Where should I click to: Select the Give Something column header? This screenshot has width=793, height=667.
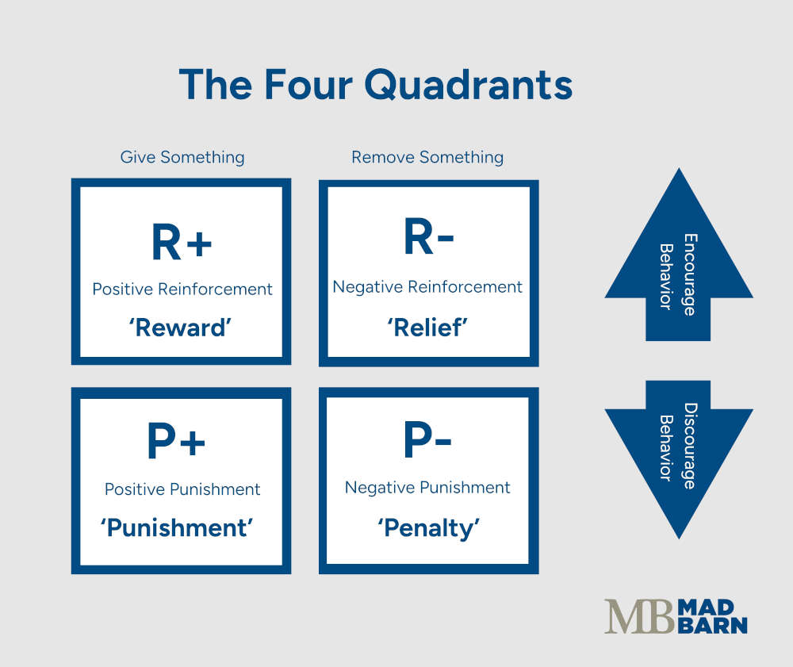[182, 157]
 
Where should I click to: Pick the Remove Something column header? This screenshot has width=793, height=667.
[427, 157]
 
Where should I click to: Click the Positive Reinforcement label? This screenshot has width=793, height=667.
[182, 289]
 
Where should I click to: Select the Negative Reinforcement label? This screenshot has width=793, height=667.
[427, 287]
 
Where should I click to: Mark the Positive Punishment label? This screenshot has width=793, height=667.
[182, 489]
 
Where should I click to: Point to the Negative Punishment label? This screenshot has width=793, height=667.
[427, 488]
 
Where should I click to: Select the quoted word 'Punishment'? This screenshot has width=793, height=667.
[176, 527]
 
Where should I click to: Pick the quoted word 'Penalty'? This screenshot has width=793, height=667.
[428, 527]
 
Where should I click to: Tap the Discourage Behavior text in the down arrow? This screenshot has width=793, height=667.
[678, 446]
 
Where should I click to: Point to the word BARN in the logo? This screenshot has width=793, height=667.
[713, 625]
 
